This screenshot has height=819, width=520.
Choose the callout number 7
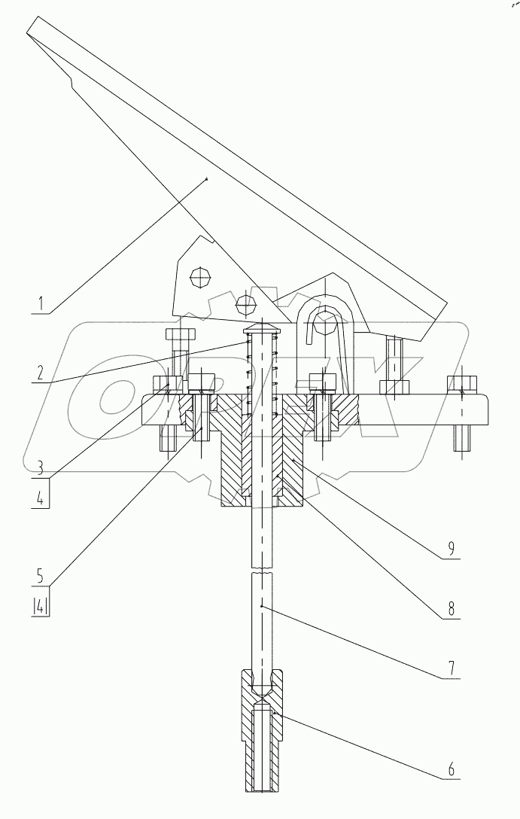coord(451,666)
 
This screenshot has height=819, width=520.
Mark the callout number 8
coord(451,608)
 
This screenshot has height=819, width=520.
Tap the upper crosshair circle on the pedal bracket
coord(199,277)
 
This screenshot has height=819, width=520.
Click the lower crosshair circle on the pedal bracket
coord(244,304)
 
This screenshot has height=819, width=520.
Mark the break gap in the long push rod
coord(260,571)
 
